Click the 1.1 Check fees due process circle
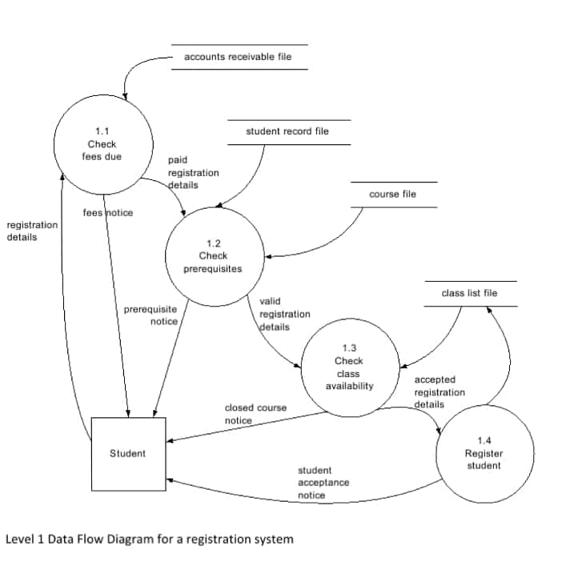tap(102, 144)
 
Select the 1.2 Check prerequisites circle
tap(214, 256)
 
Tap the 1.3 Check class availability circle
tap(349, 367)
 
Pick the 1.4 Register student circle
tap(484, 453)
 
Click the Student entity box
tap(128, 454)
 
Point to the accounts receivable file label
tap(238, 57)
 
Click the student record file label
tap(287, 131)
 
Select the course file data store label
tap(392, 194)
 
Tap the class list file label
tap(469, 293)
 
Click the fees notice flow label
tap(108, 213)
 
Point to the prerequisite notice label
tap(151, 315)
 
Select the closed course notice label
tap(255, 414)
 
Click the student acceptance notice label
tap(323, 483)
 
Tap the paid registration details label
tap(192, 172)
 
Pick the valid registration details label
tap(284, 314)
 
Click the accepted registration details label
tap(439, 391)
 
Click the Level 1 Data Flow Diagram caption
tap(149, 539)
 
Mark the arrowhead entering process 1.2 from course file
tap(267, 257)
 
